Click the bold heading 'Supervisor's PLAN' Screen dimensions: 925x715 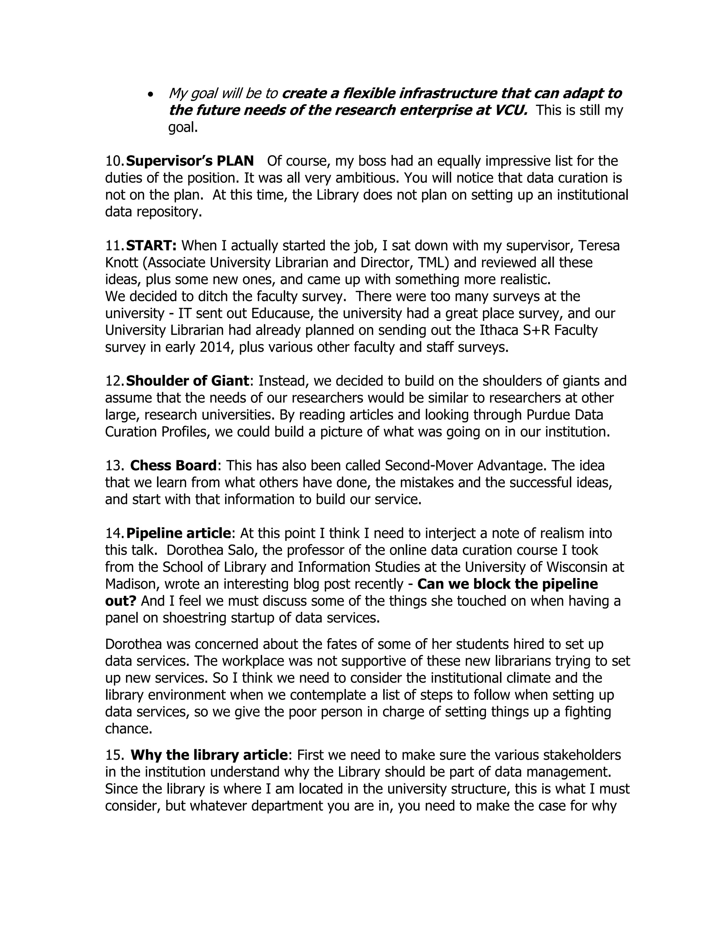190,161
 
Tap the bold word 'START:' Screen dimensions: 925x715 151,246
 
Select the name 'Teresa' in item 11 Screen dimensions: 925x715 599,246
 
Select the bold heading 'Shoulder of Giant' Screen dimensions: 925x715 187,381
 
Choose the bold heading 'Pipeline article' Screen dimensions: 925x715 179,533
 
